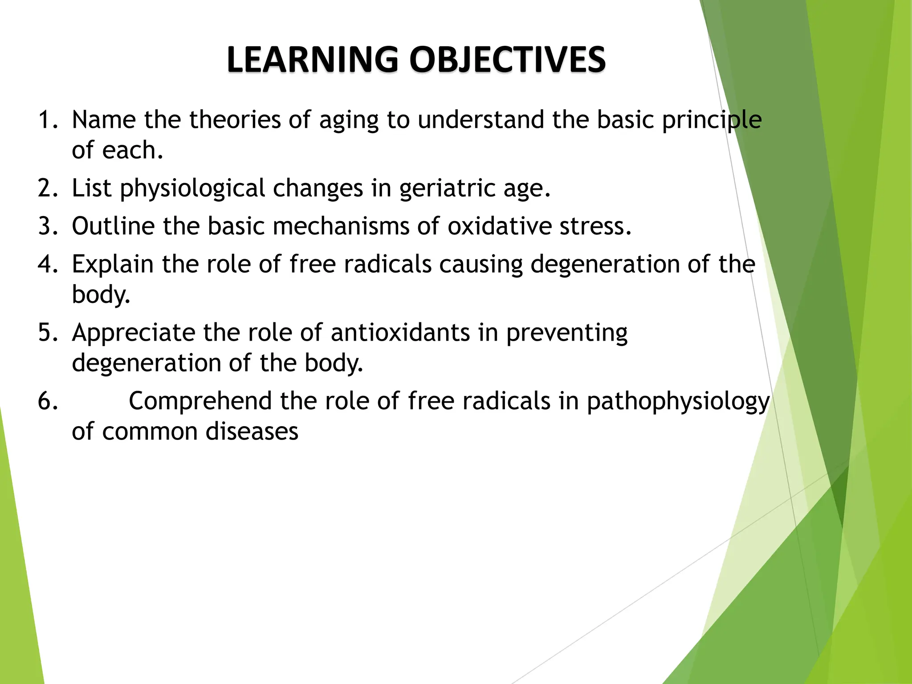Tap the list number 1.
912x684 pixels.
click(x=47, y=120)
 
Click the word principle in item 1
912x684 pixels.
click(x=712, y=121)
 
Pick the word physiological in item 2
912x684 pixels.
click(x=192, y=188)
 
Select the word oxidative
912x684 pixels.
click(x=499, y=226)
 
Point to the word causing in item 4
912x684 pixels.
click(x=481, y=265)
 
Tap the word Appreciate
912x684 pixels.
click(x=133, y=333)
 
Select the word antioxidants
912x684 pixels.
click(x=400, y=333)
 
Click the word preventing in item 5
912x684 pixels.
click(x=566, y=333)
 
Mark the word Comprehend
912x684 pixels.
click(x=200, y=401)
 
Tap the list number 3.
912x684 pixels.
click(x=47, y=226)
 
